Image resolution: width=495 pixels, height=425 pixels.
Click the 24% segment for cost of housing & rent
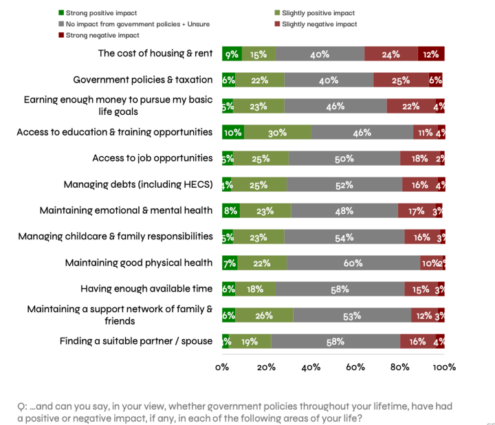pos(390,54)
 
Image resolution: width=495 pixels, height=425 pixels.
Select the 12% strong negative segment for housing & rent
pos(431,54)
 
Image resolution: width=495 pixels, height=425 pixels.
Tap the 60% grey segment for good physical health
pos(353,263)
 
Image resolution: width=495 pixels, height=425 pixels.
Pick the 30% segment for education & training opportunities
pos(277,133)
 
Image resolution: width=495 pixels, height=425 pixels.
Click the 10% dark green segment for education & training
pos(232,133)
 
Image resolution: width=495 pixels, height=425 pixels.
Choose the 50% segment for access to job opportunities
pos(344,158)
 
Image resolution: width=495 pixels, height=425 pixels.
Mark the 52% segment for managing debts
pos(344,184)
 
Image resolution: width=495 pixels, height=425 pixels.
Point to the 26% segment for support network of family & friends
pos(264,315)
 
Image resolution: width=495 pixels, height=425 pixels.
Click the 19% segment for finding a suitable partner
pos(250,341)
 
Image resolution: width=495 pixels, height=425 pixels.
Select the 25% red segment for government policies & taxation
pos(401,80)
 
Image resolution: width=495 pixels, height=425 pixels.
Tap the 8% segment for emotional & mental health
pos(230,211)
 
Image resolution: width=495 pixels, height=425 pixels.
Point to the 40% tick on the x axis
pos(311,367)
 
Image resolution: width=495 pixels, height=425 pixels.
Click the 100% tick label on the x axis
pos(444,367)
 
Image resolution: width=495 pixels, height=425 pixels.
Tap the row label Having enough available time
pos(146,289)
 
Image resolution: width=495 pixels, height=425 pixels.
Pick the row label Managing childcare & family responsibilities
pos(115,237)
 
